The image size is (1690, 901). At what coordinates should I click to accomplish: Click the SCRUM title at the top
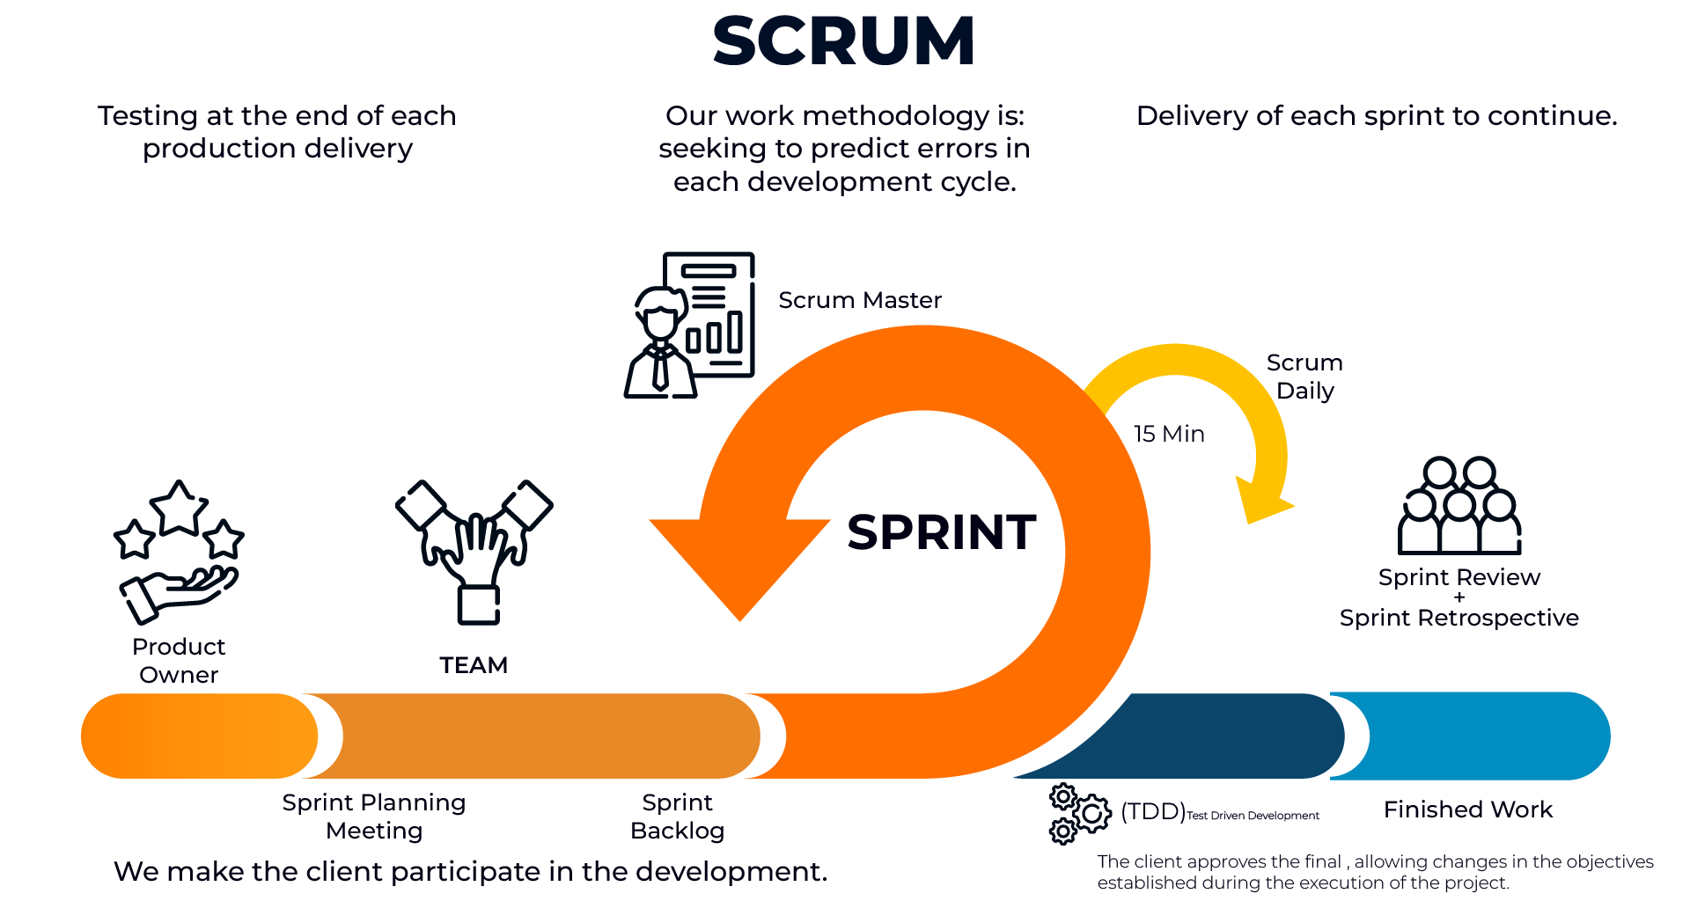tap(843, 41)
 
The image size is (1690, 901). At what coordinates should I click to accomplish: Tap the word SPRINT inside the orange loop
tap(941, 532)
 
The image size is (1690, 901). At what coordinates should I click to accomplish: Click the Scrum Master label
tap(859, 300)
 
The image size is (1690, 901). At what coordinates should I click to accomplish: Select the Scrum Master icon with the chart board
tap(690, 326)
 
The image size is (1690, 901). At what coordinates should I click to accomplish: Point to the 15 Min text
tap(1168, 434)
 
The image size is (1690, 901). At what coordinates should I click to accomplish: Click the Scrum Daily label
tap(1304, 377)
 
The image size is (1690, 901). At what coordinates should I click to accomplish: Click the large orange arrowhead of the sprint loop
tap(739, 563)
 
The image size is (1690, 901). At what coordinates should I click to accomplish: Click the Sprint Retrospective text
tap(1459, 618)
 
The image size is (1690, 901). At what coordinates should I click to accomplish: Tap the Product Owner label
tap(179, 661)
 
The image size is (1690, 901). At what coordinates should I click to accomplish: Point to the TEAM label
tap(474, 665)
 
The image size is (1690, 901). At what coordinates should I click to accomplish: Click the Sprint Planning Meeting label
tap(374, 817)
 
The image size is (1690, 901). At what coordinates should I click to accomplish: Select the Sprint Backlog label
tap(677, 817)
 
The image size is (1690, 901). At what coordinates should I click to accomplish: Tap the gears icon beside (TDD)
tap(1078, 814)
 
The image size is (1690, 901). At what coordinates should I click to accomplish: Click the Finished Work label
tap(1467, 809)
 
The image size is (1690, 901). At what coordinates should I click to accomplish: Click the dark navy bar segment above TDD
tap(1223, 736)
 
